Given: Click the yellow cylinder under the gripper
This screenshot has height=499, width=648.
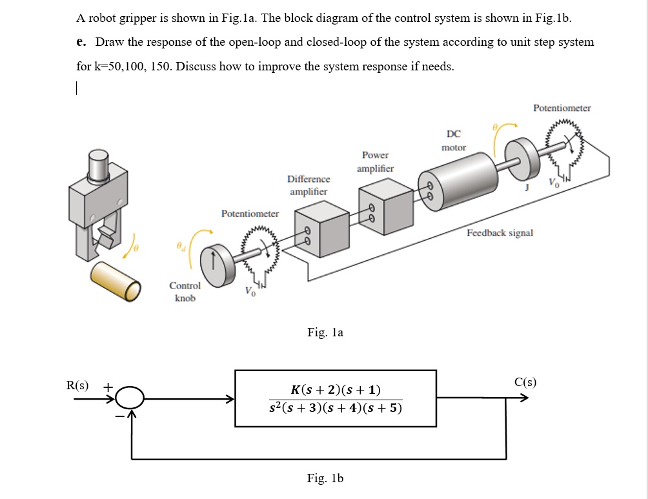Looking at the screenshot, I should [115, 280].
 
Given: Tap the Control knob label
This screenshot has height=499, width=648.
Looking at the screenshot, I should [185, 292].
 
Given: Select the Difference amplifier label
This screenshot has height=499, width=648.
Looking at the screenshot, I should [309, 185].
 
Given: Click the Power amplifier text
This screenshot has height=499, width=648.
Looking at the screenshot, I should [375, 161].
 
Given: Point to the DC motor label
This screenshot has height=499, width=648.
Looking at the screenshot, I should [453, 141].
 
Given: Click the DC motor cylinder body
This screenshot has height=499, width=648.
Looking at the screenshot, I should [460, 182].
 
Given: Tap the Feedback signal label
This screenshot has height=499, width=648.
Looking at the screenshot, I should [500, 232].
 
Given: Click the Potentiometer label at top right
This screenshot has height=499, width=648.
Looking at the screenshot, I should [562, 108].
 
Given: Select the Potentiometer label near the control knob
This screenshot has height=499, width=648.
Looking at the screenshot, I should [250, 213].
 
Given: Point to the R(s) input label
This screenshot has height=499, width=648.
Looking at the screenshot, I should [77, 385].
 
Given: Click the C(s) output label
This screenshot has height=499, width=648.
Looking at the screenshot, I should [525, 382].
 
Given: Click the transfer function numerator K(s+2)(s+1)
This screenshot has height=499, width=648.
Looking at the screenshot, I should [336, 389].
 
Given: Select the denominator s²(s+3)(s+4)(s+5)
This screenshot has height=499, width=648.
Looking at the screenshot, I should [336, 409].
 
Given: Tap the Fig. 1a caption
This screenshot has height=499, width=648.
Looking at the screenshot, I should [325, 332].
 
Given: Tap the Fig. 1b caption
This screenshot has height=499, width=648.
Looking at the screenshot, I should [325, 478].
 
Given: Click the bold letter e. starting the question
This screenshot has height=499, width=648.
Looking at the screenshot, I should [81, 42].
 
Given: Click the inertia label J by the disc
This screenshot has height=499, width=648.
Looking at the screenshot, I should [527, 187].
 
